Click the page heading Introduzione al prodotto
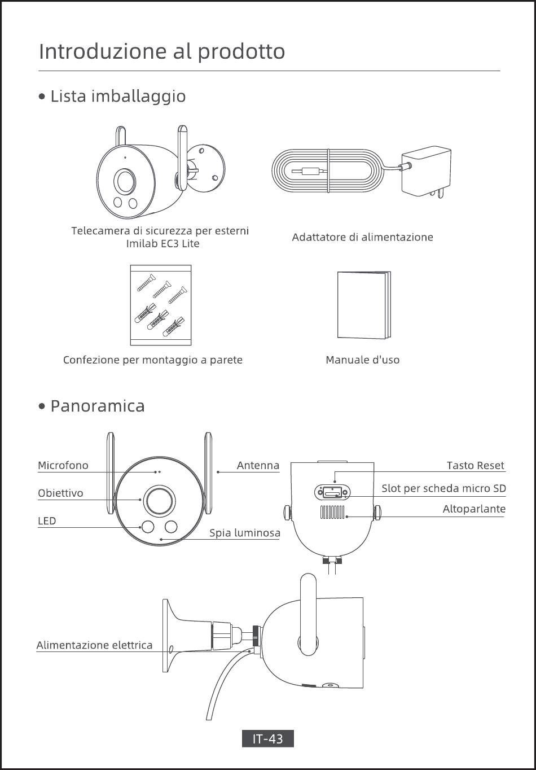pyautogui.click(x=162, y=51)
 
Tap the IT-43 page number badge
pyautogui.click(x=268, y=738)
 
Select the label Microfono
pyautogui.click(x=63, y=465)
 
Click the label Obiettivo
pyautogui.click(x=60, y=493)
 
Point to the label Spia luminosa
pyautogui.click(x=245, y=532)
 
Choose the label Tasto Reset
pyautogui.click(x=475, y=465)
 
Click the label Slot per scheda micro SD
pyautogui.click(x=443, y=488)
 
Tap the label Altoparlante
pyautogui.click(x=474, y=509)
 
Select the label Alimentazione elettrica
pyautogui.click(x=94, y=645)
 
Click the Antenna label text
pyautogui.click(x=258, y=465)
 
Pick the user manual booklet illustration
pyautogui.click(x=363, y=305)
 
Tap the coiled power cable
pyautogui.click(x=327, y=170)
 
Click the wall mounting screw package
pyautogui.click(x=161, y=305)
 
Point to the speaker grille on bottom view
pyautogui.click(x=332, y=512)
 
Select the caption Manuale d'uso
pyautogui.click(x=362, y=360)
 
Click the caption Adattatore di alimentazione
pyautogui.click(x=362, y=237)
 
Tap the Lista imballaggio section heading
pyautogui.click(x=118, y=96)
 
